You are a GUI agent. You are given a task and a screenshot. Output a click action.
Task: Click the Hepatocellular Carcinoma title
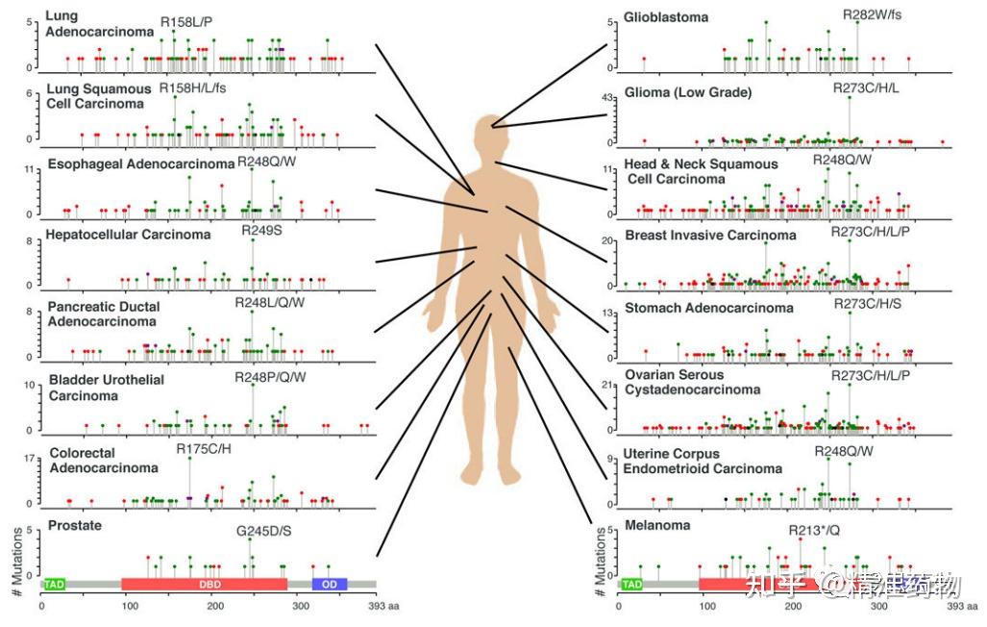(128, 235)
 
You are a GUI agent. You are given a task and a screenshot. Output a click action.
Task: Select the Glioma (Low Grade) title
(687, 92)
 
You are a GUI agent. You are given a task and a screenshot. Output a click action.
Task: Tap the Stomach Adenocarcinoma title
(709, 308)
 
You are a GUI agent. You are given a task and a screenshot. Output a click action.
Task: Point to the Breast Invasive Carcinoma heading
(710, 235)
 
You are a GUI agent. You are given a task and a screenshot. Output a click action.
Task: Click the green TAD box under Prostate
(55, 584)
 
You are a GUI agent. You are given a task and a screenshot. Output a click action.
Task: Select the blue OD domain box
(330, 584)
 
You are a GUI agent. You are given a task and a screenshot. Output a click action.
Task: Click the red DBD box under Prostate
(205, 584)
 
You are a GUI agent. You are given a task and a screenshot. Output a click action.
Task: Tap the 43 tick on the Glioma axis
(606, 98)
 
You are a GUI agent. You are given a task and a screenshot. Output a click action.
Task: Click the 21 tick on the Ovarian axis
(606, 386)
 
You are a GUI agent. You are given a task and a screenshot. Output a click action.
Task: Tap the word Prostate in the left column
(74, 526)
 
